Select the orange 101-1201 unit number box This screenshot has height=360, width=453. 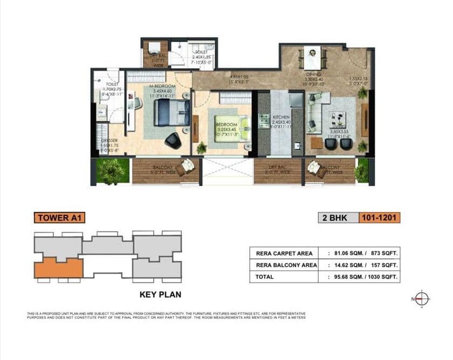[380, 218]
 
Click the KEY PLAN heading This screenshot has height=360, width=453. [160, 295]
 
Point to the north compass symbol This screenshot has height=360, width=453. [422, 298]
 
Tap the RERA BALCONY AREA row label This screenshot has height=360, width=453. [282, 266]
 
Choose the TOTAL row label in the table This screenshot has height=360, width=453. [265, 277]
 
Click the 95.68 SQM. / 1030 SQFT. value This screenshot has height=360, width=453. [367, 277]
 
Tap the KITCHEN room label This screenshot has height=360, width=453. [281, 117]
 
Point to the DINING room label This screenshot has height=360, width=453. [313, 74]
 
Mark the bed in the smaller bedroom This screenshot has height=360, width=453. [229, 125]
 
